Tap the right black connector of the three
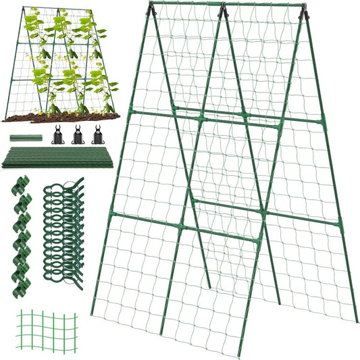(98, 134)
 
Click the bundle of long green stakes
(61, 159)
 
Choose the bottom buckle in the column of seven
(22, 289)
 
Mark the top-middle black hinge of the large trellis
(223, 9)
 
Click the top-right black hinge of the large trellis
(305, 12)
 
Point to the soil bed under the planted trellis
(61, 116)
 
